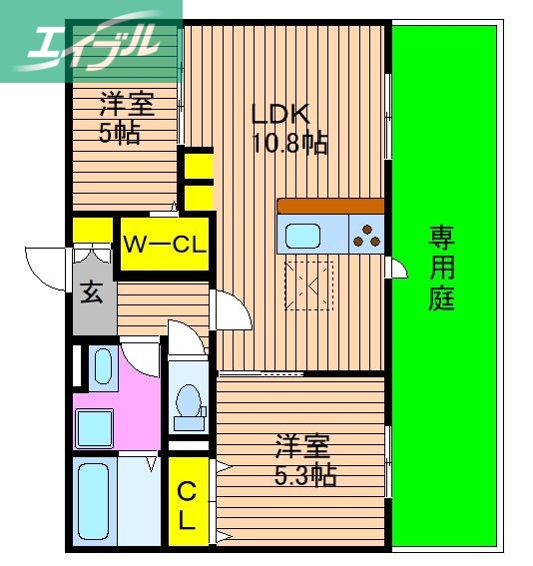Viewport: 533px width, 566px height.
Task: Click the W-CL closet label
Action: point(165,243)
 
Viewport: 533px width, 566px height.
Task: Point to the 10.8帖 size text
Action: point(290,142)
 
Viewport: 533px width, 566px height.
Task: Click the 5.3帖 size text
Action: point(303,474)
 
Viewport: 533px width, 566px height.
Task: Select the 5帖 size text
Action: point(119,133)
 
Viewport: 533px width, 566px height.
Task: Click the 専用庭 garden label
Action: point(442,267)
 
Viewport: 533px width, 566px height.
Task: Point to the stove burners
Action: point(366,236)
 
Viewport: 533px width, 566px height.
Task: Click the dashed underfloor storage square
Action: point(311,283)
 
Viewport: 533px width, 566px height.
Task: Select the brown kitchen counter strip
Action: point(330,206)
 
